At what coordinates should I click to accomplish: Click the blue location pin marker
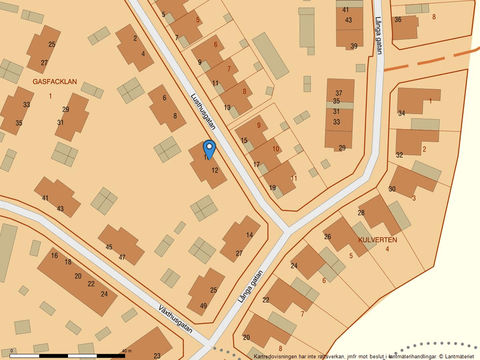click(209, 148)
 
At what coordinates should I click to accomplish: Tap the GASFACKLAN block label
click(55, 83)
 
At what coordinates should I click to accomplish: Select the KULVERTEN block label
click(378, 240)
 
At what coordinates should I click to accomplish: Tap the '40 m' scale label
click(126, 351)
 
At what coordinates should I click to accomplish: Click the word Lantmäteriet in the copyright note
click(462, 356)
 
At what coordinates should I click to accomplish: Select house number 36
click(398, 19)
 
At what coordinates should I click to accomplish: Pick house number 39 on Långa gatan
click(354, 47)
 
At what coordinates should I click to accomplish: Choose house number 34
click(401, 113)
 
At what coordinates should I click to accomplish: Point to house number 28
click(361, 213)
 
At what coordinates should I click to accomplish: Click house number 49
click(203, 306)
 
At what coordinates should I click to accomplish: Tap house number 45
click(109, 247)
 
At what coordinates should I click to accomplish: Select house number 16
click(55, 255)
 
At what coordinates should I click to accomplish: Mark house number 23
click(157, 356)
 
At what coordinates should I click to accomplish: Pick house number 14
click(249, 235)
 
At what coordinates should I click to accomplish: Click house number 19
click(272, 188)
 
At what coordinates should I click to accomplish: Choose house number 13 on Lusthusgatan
click(227, 108)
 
